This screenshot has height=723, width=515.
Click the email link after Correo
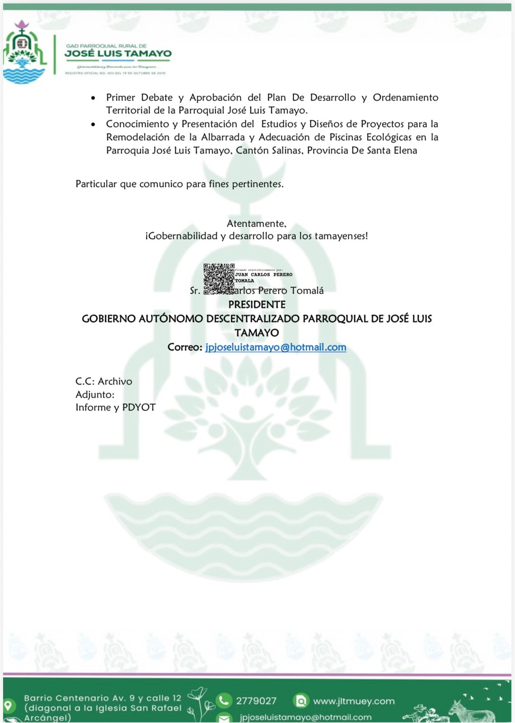click(x=276, y=347)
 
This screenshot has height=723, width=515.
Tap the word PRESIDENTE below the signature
click(x=257, y=305)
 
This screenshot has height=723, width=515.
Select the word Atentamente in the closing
click(x=256, y=224)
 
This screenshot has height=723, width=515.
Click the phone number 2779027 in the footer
click(x=256, y=701)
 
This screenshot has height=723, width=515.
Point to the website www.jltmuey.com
click(x=354, y=701)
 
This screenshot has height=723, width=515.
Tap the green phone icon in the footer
click(x=224, y=700)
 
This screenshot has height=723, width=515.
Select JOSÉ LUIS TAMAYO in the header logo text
click(x=118, y=54)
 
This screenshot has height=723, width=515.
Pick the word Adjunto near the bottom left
click(x=94, y=394)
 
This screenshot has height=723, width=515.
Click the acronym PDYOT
click(x=139, y=408)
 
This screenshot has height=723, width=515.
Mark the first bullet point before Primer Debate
click(x=94, y=98)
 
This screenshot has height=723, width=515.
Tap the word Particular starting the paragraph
click(x=96, y=184)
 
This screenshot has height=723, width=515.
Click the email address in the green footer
click(x=306, y=717)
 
